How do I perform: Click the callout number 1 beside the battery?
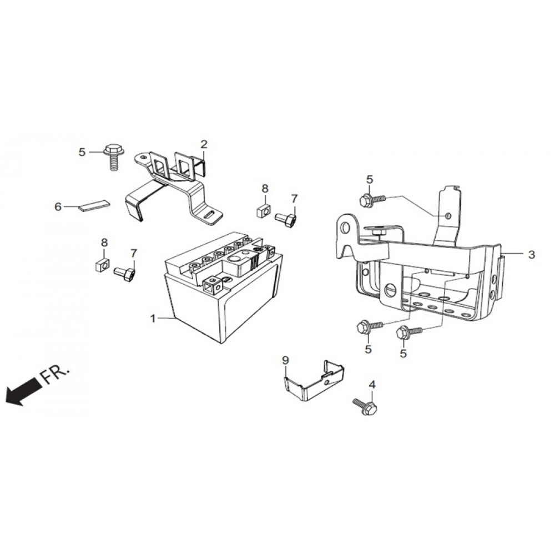tap(153, 319)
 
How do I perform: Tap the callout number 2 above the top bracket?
tap(204, 144)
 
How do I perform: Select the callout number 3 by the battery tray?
tap(531, 254)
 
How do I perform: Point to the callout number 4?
tap(372, 385)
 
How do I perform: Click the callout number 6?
tap(58, 206)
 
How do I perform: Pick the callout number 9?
tap(286, 360)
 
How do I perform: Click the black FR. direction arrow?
tap(22, 391)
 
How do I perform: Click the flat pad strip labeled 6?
tap(94, 206)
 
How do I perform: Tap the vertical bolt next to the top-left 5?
tap(112, 157)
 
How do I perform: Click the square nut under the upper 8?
tap(262, 211)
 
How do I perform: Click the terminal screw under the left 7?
tap(124, 274)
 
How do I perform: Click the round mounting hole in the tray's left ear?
tap(345, 229)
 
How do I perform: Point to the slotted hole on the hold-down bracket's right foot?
tap(210, 215)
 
